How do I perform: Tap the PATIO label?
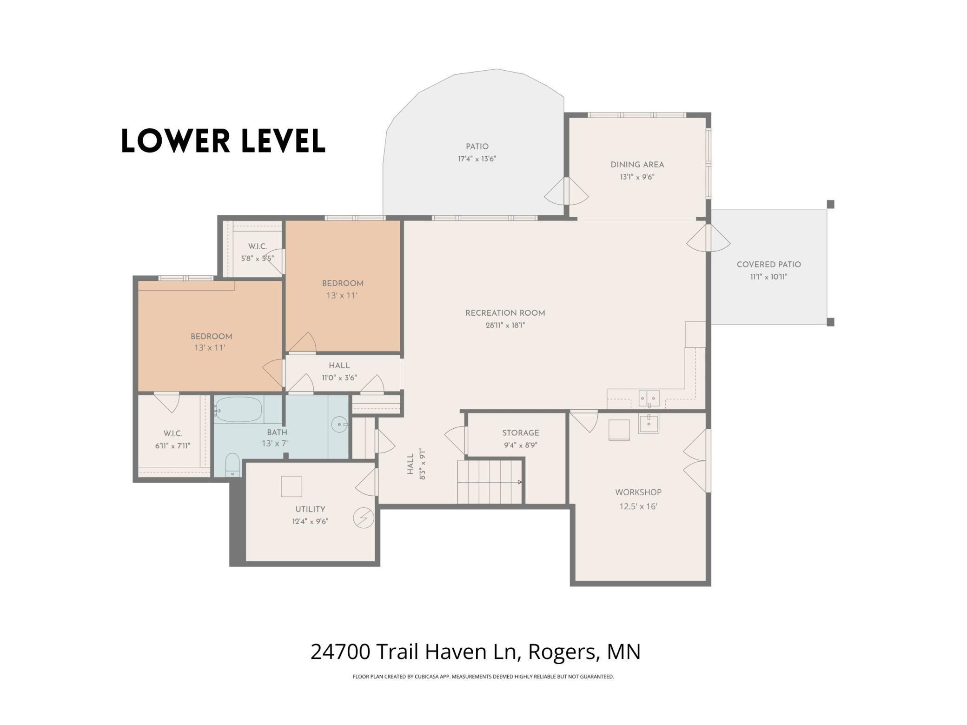[477, 146]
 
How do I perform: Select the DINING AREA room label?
[637, 165]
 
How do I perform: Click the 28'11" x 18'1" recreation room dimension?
[505, 326]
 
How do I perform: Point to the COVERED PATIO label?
[768, 265]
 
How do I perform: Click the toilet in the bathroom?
[232, 465]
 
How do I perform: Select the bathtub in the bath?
[238, 410]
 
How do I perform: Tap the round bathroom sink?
[339, 424]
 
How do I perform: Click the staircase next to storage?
[490, 482]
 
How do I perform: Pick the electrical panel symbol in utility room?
[364, 518]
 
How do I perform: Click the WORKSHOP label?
[638, 492]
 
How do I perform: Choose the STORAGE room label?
[520, 433]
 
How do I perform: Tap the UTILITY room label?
[310, 509]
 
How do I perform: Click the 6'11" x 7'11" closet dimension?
[172, 446]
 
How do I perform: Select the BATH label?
[277, 432]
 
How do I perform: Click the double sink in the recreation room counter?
[649, 399]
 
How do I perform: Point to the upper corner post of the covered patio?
[830, 204]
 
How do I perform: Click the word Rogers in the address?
[562, 652]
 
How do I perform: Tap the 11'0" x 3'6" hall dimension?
[339, 378]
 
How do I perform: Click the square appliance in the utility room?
[291, 486]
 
